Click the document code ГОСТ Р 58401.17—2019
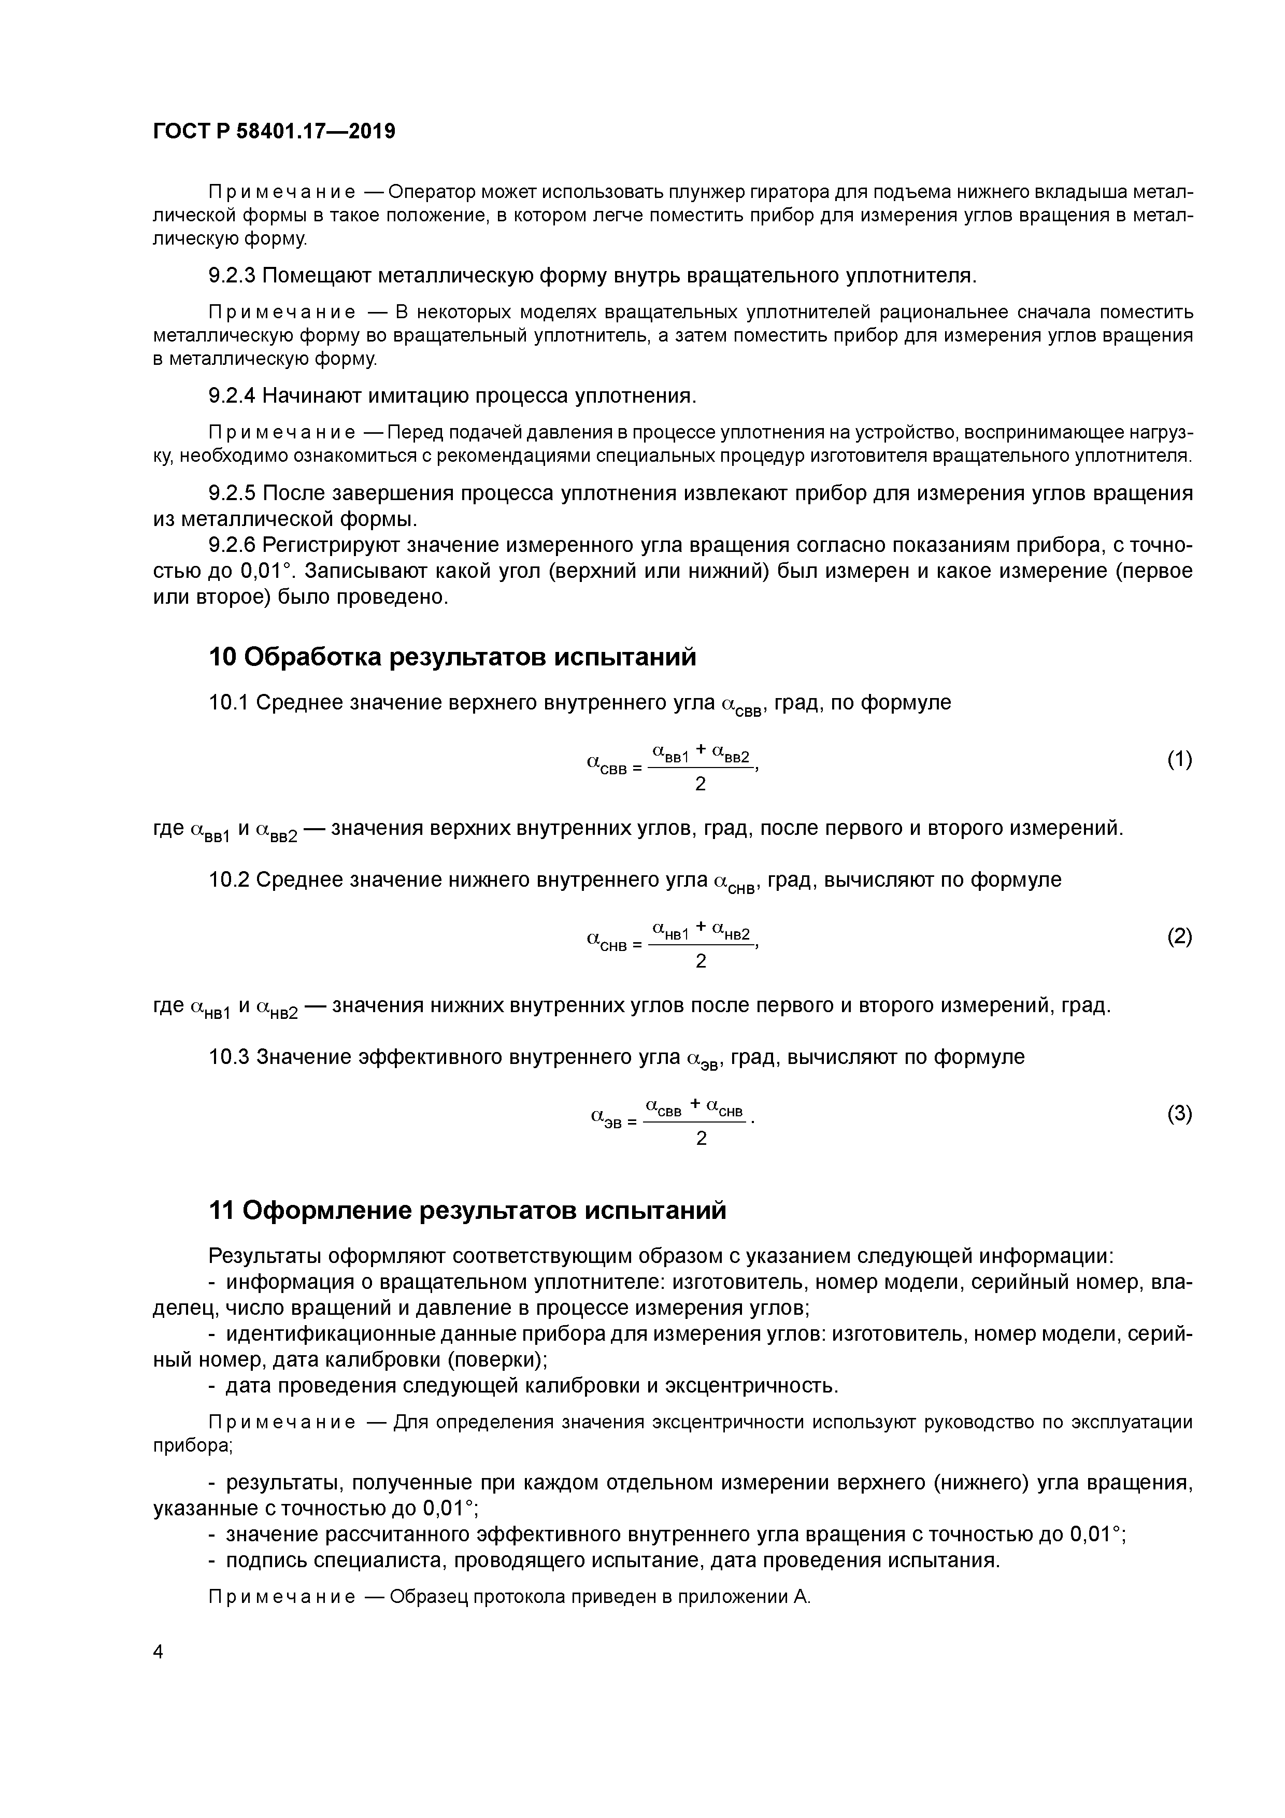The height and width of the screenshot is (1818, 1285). click(274, 132)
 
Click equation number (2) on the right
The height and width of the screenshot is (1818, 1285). click(1179, 936)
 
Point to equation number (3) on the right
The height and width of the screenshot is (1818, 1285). click(1179, 1114)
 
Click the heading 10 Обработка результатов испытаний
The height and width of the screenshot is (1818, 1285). click(452, 657)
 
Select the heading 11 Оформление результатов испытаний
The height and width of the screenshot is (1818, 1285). click(467, 1211)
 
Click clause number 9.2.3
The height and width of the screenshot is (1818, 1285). click(232, 276)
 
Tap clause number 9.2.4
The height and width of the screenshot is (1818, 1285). click(232, 395)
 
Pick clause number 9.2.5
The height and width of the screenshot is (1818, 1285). click(232, 493)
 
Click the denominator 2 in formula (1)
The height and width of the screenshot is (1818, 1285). click(700, 784)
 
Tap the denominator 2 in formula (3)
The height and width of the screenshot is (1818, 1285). click(700, 1139)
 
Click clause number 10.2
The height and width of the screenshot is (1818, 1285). click(229, 879)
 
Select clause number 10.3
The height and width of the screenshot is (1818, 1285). click(229, 1057)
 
